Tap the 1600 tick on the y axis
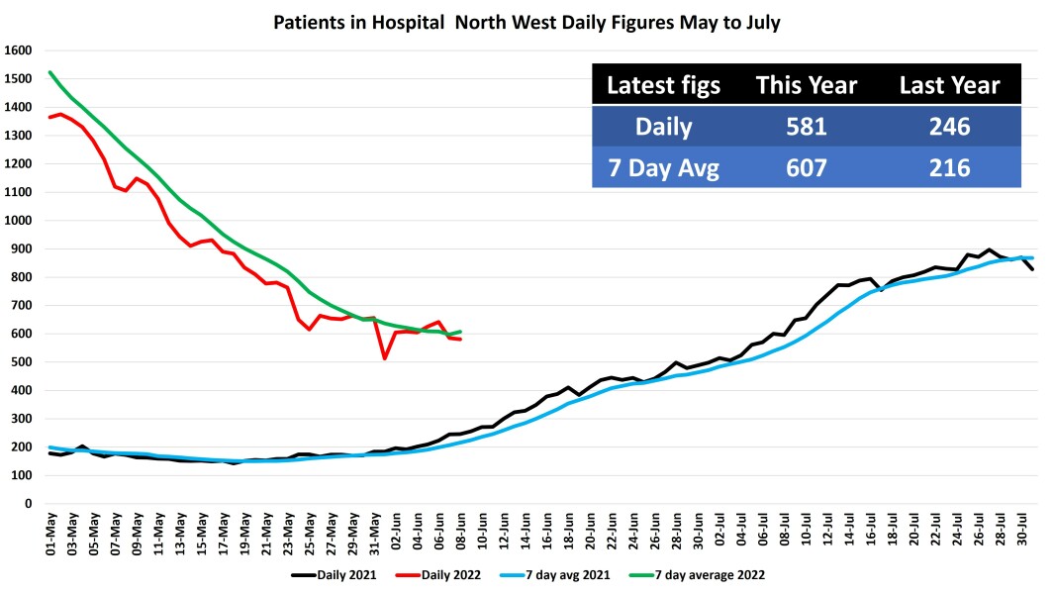tap(20, 50)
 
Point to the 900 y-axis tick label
tap(23, 248)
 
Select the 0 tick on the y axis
tap(30, 503)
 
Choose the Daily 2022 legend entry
tap(445, 574)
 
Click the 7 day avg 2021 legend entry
tap(571, 574)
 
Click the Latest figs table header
tap(663, 86)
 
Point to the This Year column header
tap(807, 86)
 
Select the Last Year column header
tap(949, 86)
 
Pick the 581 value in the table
tap(807, 128)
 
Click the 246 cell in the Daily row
tap(949, 128)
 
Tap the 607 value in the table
tap(807, 168)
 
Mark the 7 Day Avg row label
tap(663, 168)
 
